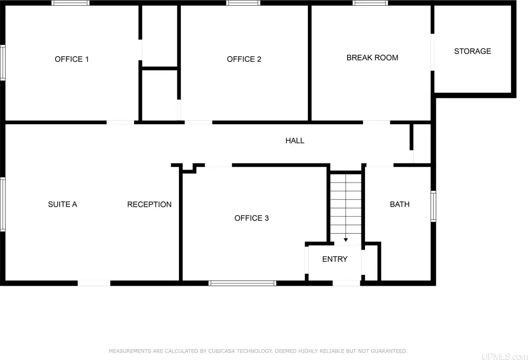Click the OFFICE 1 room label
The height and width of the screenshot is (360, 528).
tap(72, 59)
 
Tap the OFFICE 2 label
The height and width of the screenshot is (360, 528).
tap(244, 59)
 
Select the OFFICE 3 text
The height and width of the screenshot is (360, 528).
tap(252, 218)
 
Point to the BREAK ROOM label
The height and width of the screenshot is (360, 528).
tap(372, 58)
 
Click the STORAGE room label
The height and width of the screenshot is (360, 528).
tap(472, 51)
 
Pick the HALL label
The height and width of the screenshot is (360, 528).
tap(295, 141)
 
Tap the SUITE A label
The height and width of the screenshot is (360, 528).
tap(62, 204)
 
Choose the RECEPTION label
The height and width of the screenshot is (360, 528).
tap(149, 204)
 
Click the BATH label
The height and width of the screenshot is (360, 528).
tap(400, 204)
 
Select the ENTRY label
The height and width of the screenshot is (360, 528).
tap(335, 259)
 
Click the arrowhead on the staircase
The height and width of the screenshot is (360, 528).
tap(346, 240)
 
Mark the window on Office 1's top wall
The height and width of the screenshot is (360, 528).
tap(70, 3)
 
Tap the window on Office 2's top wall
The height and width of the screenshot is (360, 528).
tap(243, 3)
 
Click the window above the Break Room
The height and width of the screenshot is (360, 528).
tap(370, 3)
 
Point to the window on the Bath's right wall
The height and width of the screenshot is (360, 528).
tap(433, 206)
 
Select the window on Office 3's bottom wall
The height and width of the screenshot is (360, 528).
tap(242, 283)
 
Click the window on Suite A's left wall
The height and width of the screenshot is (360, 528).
tap(3, 204)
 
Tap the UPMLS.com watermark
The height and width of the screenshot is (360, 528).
tap(504, 356)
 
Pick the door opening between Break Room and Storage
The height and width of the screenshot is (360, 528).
tap(433, 52)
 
